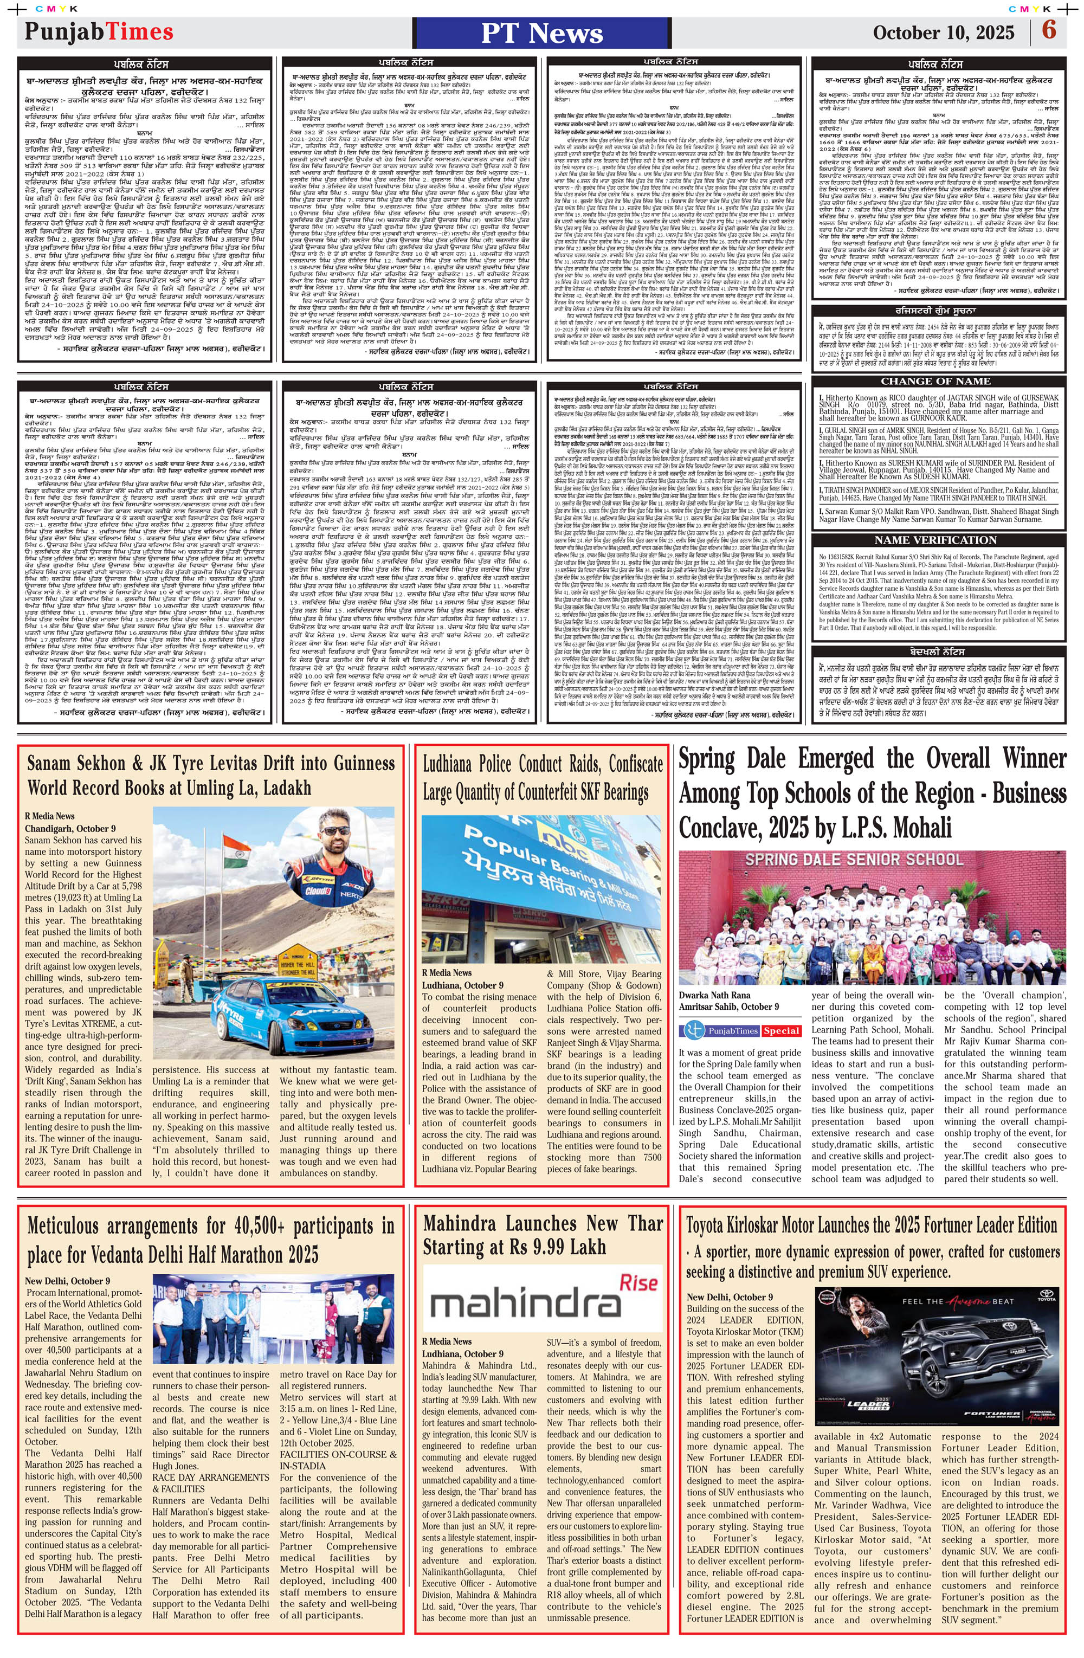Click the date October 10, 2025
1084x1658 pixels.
point(943,32)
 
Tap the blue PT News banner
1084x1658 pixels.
point(541,33)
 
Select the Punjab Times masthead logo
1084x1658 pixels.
point(99,31)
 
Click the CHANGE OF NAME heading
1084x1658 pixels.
point(935,381)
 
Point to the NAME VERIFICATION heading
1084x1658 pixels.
point(935,540)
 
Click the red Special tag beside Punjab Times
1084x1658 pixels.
point(781,1030)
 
